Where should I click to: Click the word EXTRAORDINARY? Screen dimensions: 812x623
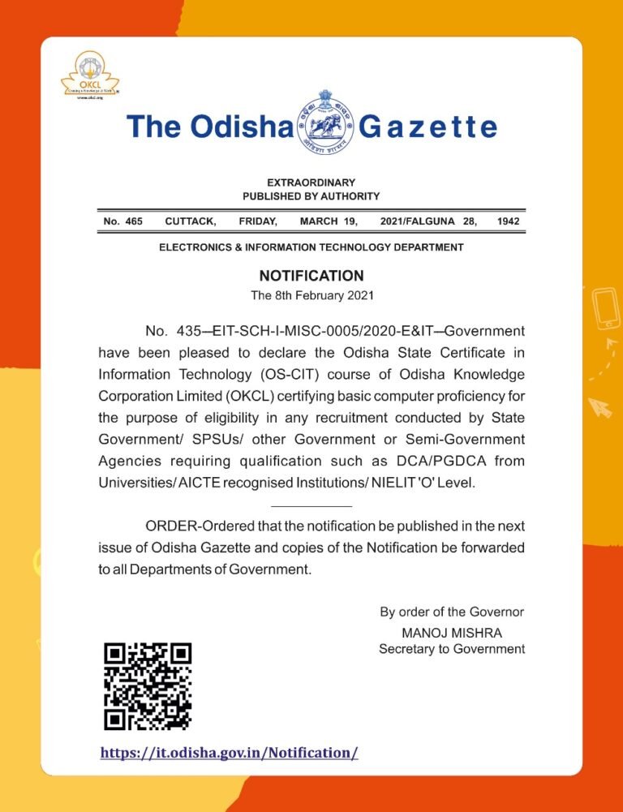(311, 183)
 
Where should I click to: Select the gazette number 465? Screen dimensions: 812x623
(134, 221)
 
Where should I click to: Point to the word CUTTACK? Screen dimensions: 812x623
(190, 221)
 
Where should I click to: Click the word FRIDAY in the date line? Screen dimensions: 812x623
(258, 221)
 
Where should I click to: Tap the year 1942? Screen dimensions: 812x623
(509, 221)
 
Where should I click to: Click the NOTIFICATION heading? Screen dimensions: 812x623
(311, 276)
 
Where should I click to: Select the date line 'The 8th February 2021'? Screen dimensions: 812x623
(311, 295)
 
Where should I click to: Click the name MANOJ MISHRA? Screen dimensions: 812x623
(452, 632)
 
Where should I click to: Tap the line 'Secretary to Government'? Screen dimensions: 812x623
(452, 649)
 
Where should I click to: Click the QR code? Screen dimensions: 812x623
(148, 685)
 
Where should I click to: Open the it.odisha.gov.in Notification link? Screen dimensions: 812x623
(229, 753)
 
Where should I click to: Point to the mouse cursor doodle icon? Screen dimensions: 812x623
(600, 406)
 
